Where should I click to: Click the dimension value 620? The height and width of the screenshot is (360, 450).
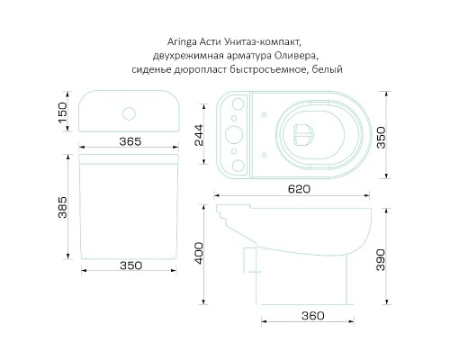301,189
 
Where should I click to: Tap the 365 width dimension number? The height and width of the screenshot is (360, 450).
132,141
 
